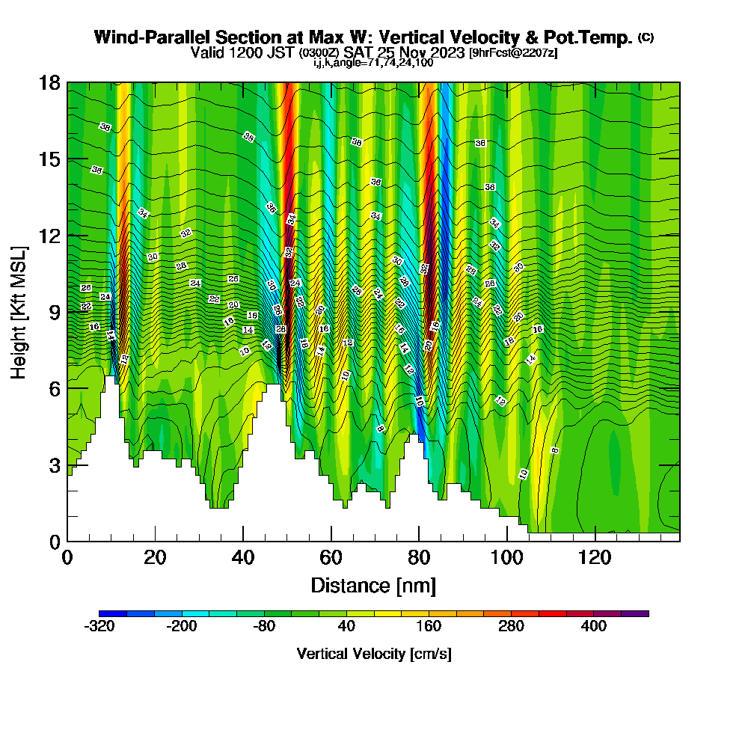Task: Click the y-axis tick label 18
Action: coord(49,83)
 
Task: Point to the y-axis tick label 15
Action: coord(49,159)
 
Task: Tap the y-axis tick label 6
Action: coord(55,388)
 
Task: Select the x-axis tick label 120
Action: coord(595,558)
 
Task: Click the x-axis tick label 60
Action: coord(331,558)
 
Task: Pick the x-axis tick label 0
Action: coord(67,558)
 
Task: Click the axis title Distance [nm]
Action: coord(373,585)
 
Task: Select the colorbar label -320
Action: coord(99,627)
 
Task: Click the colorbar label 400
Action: coord(594,627)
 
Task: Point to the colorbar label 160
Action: coord(429,627)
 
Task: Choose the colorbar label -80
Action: coord(264,627)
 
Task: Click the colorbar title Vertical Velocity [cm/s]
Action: coord(373,654)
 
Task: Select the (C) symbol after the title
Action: coord(646,37)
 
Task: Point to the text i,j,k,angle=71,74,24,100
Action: coord(373,63)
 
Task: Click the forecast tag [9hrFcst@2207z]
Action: coord(513,53)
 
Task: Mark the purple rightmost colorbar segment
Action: coord(635,613)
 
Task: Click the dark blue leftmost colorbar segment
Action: coord(113,613)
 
